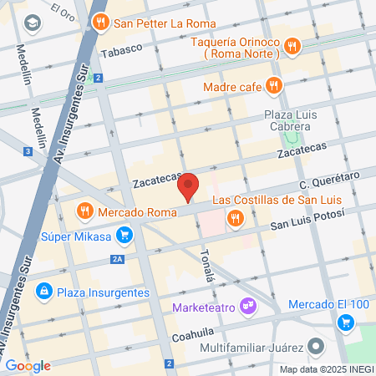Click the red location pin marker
(x=190, y=186)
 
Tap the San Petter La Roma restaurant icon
(x=101, y=23)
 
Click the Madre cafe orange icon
(x=273, y=84)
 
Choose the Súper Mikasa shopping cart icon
(x=124, y=236)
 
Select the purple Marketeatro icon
(x=247, y=307)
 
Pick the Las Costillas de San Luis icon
(x=236, y=218)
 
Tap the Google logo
(x=28, y=365)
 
